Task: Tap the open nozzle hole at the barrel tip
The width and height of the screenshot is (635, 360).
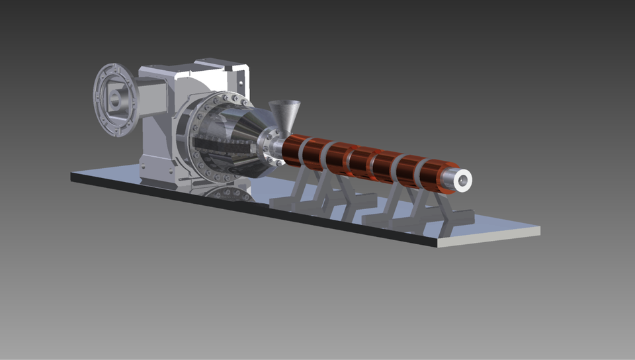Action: coord(463,178)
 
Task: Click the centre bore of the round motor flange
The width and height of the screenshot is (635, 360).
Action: coord(116,101)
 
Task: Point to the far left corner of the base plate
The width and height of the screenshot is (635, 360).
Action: coord(73,175)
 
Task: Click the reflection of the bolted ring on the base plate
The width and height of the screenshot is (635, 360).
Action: coord(225,194)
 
